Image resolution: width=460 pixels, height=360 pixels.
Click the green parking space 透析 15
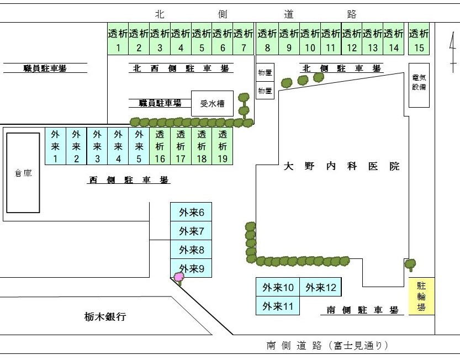[x=419, y=39]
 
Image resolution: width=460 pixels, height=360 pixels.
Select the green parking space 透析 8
[x=267, y=39]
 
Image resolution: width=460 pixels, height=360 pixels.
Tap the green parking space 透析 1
[x=118, y=39]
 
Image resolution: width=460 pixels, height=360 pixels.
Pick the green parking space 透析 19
[x=223, y=146]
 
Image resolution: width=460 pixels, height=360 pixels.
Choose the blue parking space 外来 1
[x=55, y=146]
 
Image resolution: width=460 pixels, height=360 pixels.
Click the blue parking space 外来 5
[x=139, y=146]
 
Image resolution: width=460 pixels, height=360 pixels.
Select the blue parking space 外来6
[x=191, y=212]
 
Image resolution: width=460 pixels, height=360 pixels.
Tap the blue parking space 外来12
[x=321, y=287]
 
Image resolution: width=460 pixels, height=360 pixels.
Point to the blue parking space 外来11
[x=278, y=306]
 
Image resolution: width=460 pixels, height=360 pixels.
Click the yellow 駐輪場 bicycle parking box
[x=421, y=297]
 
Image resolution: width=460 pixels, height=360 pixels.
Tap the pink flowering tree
[x=179, y=278]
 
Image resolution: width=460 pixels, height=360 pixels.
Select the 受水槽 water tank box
[x=213, y=103]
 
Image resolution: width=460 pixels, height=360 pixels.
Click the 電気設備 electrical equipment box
[x=419, y=85]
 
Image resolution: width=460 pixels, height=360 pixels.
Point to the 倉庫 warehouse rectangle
[x=23, y=173]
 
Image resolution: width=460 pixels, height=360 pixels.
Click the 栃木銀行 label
[x=105, y=316]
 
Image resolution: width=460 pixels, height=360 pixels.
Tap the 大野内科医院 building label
[x=341, y=166]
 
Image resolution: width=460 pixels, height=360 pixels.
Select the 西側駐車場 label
[x=129, y=180]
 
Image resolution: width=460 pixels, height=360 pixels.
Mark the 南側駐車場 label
[x=362, y=310]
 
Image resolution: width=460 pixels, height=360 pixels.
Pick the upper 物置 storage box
[x=265, y=72]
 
